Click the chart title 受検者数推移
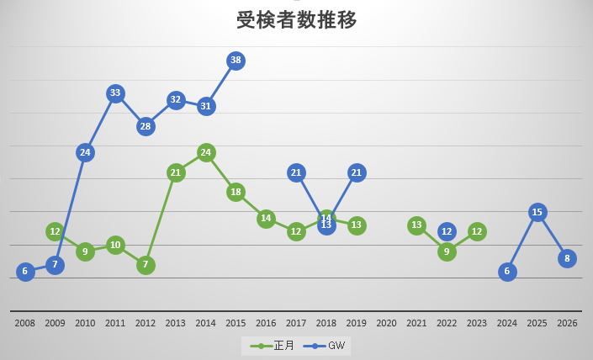(x=296, y=20)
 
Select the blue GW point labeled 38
(x=236, y=61)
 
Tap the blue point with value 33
(x=115, y=93)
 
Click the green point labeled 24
(x=206, y=152)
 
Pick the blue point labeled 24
(x=85, y=152)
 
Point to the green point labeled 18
(x=236, y=192)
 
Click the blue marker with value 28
(x=146, y=126)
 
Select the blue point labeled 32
(x=176, y=100)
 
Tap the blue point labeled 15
(x=537, y=212)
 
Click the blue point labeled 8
(x=568, y=258)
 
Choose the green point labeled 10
(x=115, y=245)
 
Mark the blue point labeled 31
(x=206, y=106)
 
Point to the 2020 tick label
(x=387, y=323)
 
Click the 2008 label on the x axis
(x=25, y=323)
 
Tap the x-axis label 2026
(x=568, y=323)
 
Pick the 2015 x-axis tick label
(x=236, y=323)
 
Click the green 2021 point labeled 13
(x=417, y=225)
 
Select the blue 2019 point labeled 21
(x=357, y=172)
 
